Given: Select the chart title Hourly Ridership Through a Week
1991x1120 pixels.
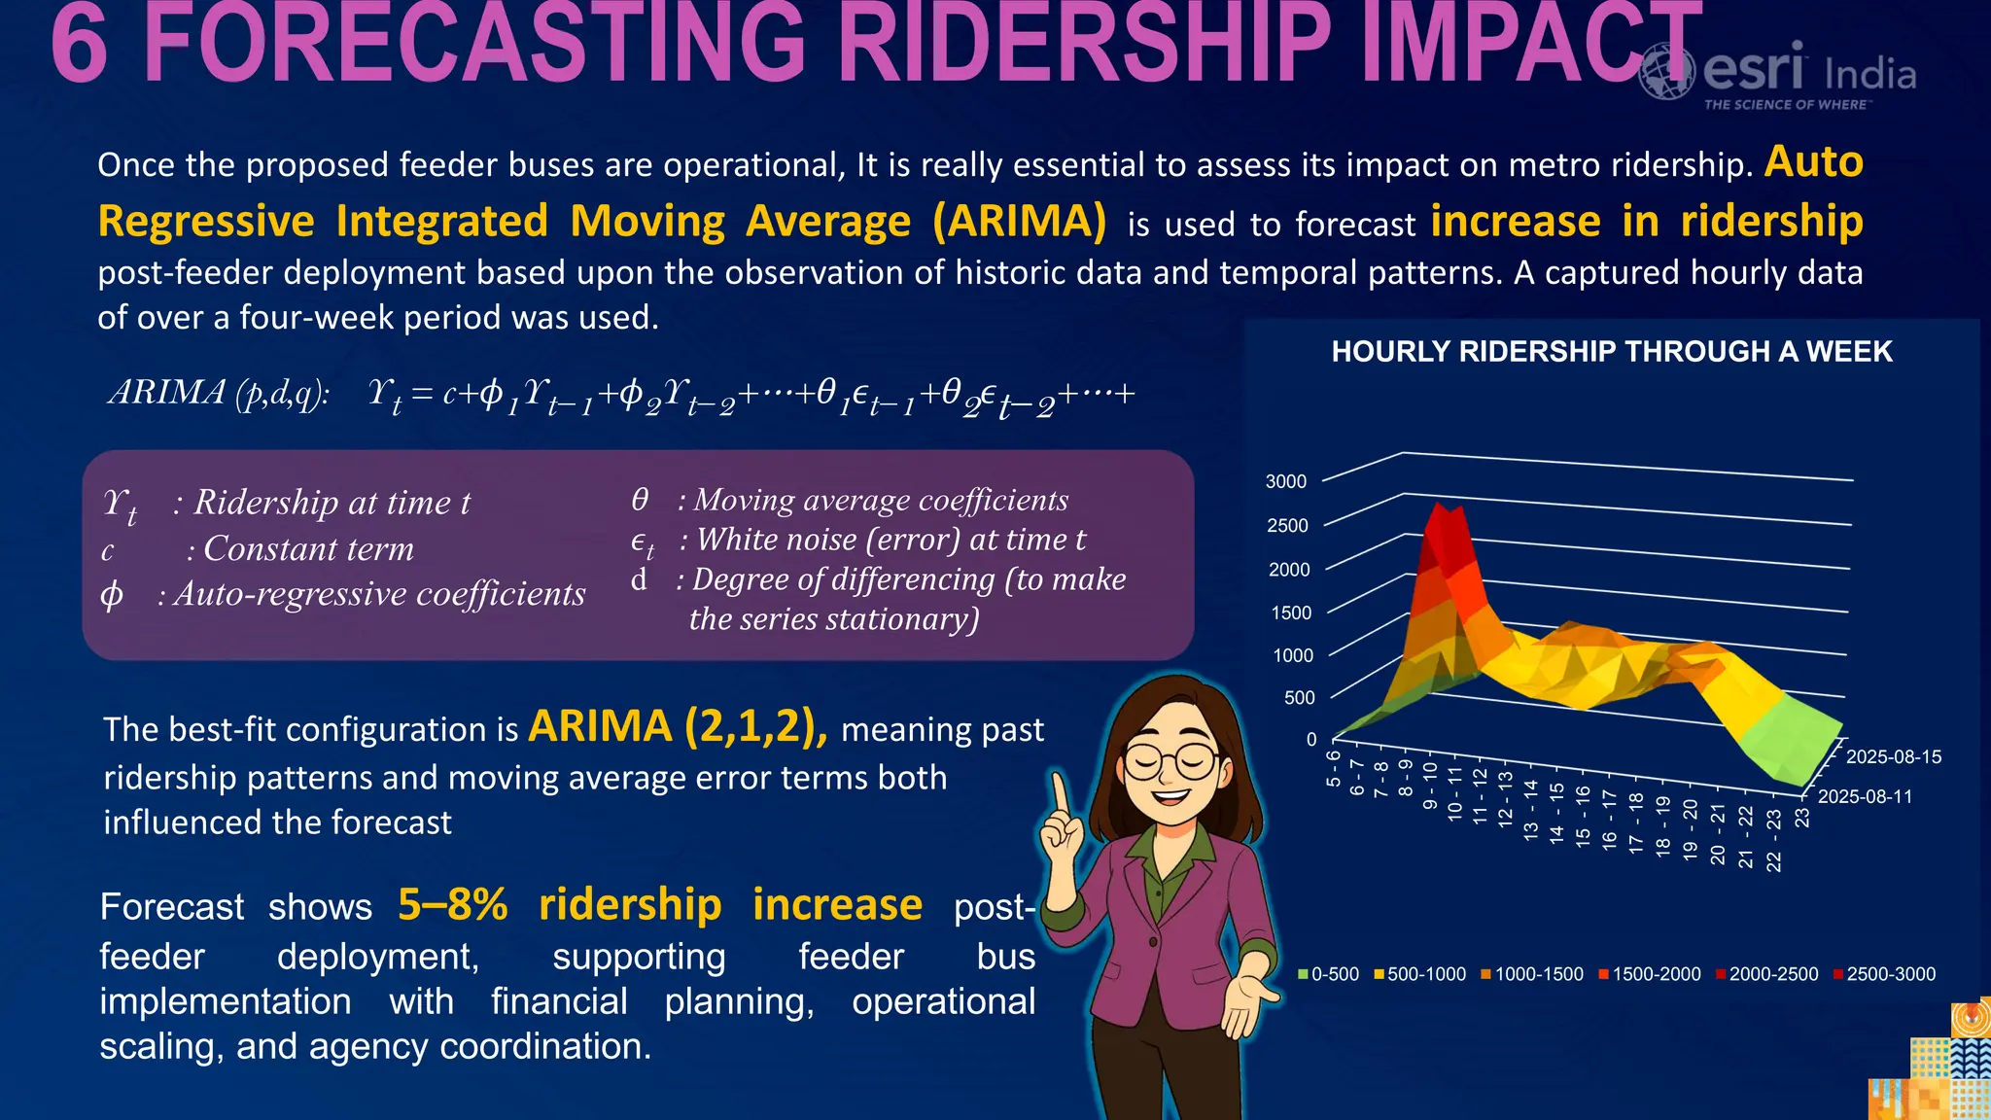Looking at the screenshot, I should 1611,351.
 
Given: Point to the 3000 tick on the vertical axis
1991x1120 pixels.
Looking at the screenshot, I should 1285,481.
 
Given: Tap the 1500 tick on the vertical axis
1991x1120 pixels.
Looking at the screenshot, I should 1291,612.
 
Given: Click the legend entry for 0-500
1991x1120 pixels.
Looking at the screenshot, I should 1329,974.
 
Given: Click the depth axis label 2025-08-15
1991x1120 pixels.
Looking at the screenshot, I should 1893,756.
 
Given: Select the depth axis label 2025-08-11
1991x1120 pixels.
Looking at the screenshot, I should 1865,796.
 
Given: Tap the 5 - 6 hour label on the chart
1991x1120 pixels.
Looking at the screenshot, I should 1333,768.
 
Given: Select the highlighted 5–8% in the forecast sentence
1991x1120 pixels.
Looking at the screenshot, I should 453,904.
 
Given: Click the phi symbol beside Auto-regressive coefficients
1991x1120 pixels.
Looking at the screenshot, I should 112,594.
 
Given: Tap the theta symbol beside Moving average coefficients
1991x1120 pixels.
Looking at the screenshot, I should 640,500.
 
